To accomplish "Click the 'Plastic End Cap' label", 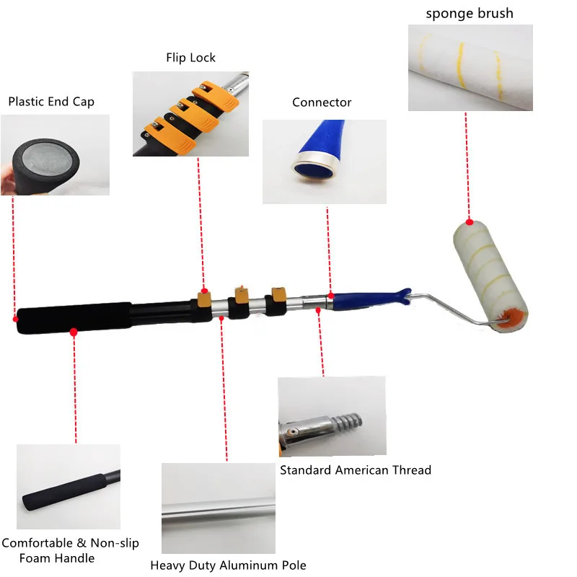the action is click(x=51, y=102).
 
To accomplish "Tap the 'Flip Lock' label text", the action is click(x=191, y=58).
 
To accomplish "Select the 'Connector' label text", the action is click(x=322, y=102).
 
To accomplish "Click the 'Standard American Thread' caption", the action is click(x=356, y=470).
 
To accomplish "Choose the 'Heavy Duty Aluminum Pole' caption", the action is click(x=228, y=565).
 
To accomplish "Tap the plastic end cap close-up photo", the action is click(x=56, y=155).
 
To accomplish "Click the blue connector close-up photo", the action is click(x=324, y=162).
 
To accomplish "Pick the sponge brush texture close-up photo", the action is click(x=470, y=68).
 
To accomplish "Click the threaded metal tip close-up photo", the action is click(x=332, y=417).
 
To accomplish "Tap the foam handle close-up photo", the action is click(x=69, y=487).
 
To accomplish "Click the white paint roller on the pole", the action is click(x=481, y=274).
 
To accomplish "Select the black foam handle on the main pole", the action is click(x=72, y=319).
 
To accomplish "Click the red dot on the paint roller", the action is click(x=470, y=222).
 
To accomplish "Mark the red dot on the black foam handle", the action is click(x=74, y=332).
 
